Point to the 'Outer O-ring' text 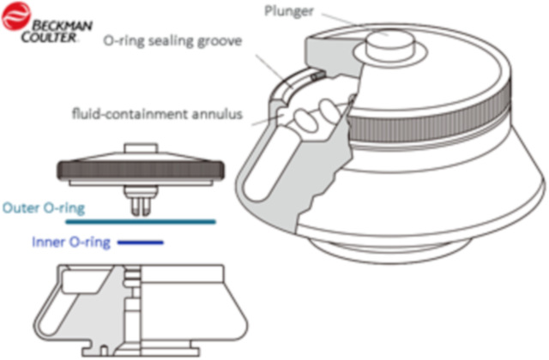point(37,207)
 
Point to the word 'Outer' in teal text point(20,207)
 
